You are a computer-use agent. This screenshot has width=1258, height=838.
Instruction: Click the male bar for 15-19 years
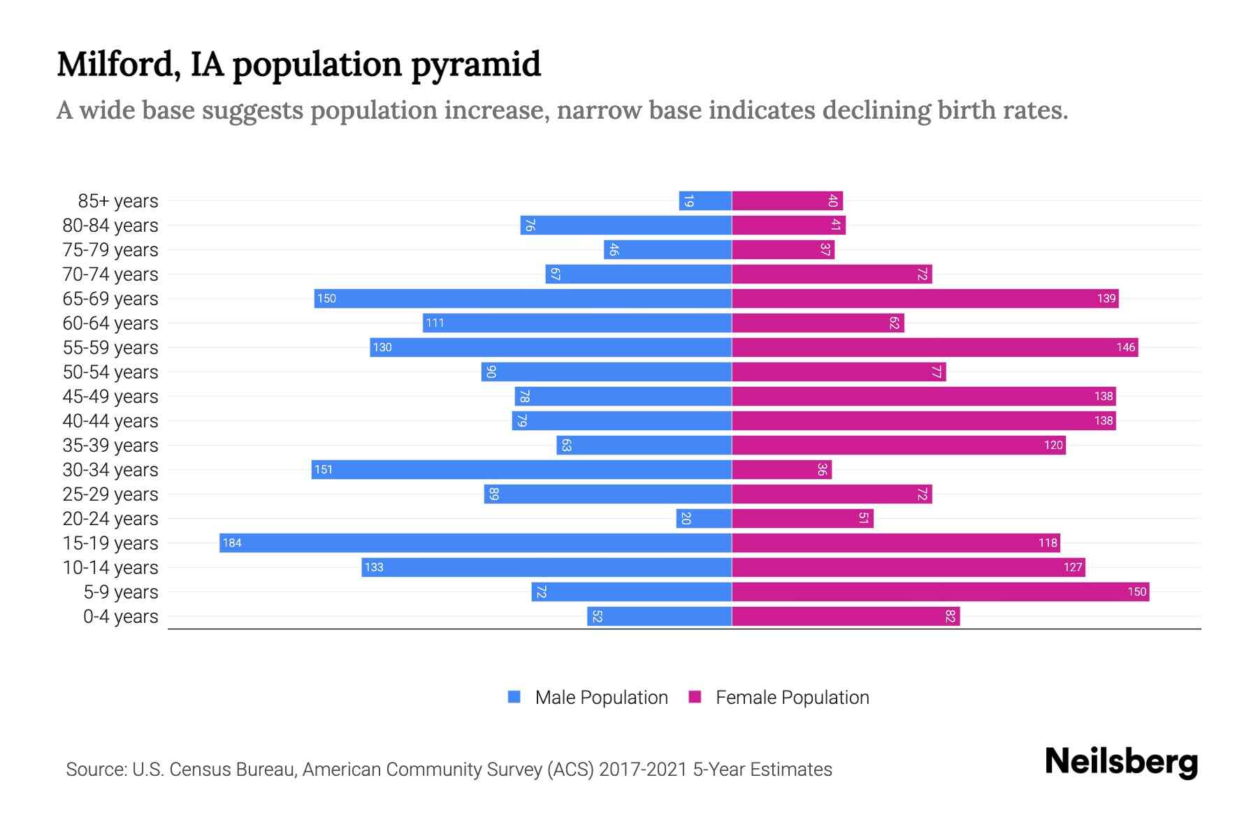click(x=475, y=543)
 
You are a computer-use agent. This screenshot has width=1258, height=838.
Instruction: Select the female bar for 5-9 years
click(x=940, y=591)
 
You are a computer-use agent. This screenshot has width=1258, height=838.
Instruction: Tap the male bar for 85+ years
click(x=705, y=200)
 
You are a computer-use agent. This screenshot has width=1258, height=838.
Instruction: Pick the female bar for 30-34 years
click(x=781, y=469)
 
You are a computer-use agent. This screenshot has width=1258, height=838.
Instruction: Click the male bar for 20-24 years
click(x=704, y=518)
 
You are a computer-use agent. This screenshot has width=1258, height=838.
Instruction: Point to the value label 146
click(x=1125, y=347)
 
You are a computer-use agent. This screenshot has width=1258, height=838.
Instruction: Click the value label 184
click(x=232, y=543)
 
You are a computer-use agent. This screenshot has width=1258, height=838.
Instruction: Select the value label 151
click(x=324, y=469)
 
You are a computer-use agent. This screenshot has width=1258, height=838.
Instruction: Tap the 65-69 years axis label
click(x=110, y=299)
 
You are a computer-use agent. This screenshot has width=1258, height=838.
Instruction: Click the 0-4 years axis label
click(x=120, y=617)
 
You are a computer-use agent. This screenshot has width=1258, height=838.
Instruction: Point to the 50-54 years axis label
click(x=110, y=372)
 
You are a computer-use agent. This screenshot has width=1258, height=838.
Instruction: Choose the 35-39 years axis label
click(x=110, y=446)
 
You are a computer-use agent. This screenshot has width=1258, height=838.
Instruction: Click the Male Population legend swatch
click(x=514, y=697)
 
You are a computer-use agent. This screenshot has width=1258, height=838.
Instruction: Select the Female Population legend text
click(x=792, y=698)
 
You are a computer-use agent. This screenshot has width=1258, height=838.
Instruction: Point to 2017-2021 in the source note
click(x=643, y=770)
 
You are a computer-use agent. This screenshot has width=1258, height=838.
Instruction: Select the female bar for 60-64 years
click(x=818, y=323)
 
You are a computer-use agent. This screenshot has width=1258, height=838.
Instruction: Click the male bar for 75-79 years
click(x=667, y=249)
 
